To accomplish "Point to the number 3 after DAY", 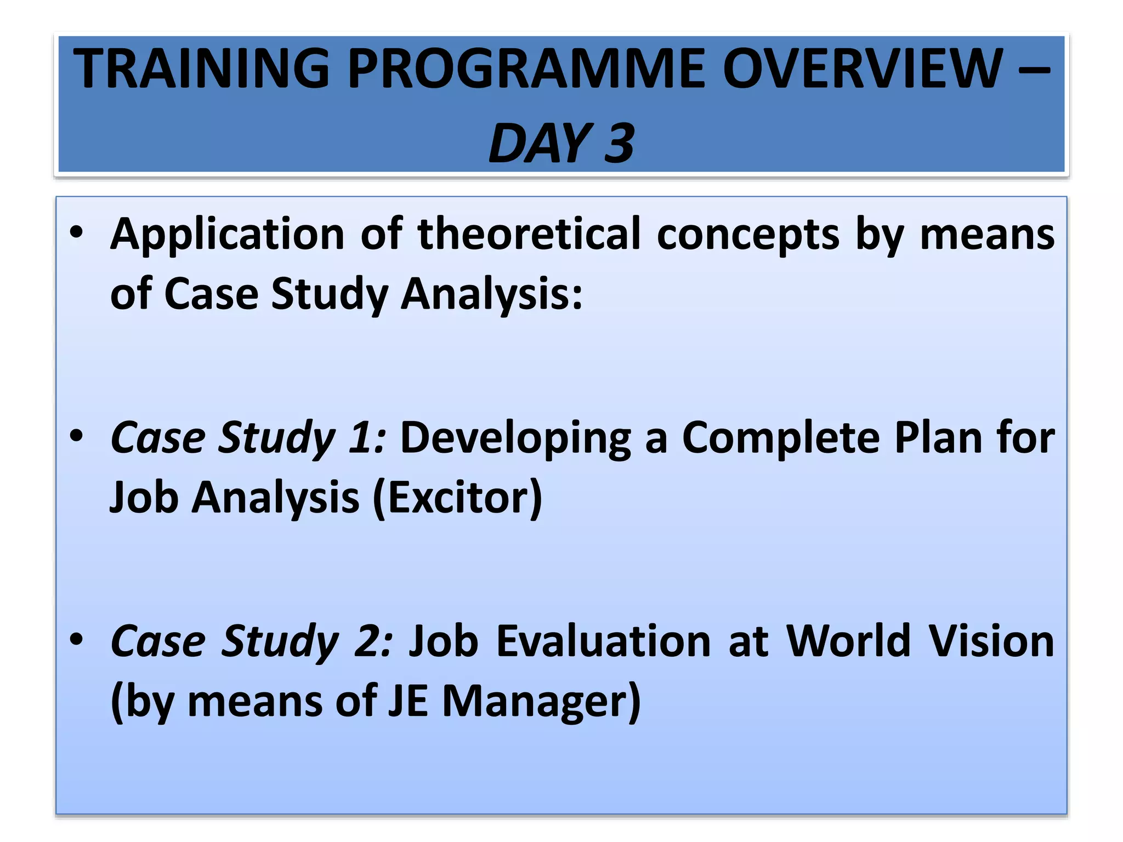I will point(619,144).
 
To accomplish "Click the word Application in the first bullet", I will point(227,235).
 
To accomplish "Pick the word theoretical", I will point(529,235).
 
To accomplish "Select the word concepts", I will point(748,235).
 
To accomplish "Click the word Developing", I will point(515,439).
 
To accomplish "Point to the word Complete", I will point(781,439).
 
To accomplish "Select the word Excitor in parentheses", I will point(458,498).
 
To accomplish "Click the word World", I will point(848,641).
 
